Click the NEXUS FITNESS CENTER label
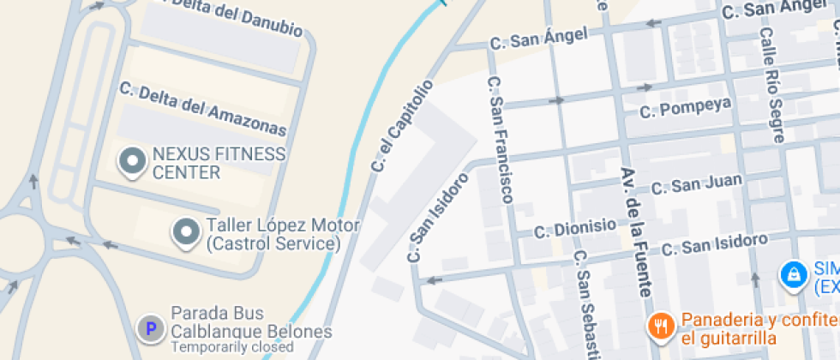(x=219, y=163)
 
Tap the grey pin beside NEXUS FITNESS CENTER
(x=132, y=161)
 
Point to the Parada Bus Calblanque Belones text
(x=252, y=322)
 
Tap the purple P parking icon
(x=151, y=327)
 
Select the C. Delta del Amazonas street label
(x=202, y=110)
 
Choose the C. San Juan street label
(x=696, y=185)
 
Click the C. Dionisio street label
(x=575, y=228)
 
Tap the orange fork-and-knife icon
(x=659, y=325)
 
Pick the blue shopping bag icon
(x=793, y=274)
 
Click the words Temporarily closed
(x=232, y=347)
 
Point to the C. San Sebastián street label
(x=585, y=304)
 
